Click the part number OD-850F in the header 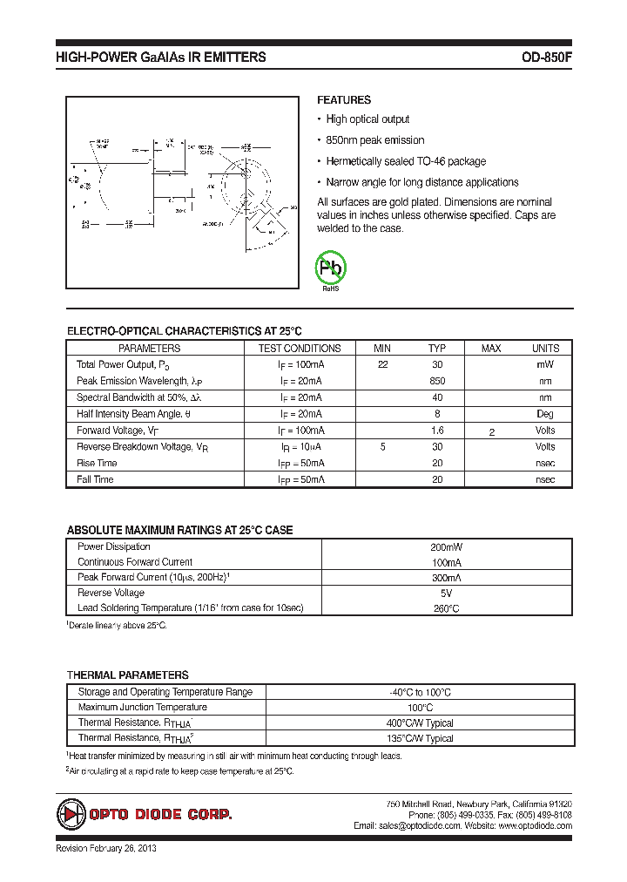[546, 58]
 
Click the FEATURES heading [343, 100]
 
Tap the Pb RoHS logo [331, 269]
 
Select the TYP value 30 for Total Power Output [437, 364]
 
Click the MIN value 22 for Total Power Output [383, 364]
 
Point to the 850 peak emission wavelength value [437, 381]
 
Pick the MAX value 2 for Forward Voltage [492, 432]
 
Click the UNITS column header [545, 348]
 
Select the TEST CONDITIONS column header [300, 348]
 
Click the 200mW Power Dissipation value [448, 546]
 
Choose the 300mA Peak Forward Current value [448, 578]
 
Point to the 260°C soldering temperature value [448, 608]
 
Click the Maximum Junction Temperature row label [142, 707]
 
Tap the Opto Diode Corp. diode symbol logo [70, 815]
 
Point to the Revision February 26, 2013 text [106, 848]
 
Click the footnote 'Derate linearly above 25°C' [118, 626]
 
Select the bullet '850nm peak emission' [374, 140]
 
